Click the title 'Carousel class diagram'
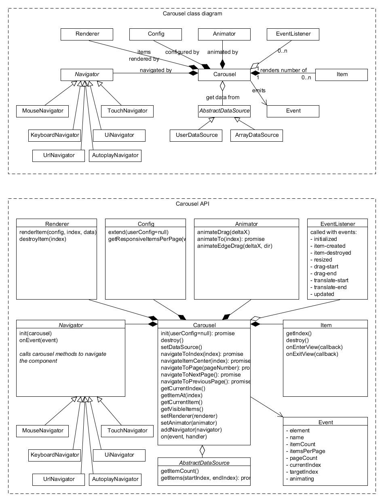(x=192, y=13)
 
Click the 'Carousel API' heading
(x=192, y=204)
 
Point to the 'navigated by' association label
(x=156, y=70)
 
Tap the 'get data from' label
(x=222, y=97)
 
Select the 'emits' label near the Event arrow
(x=259, y=91)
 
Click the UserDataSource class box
(x=194, y=135)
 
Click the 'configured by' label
(x=182, y=52)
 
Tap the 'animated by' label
(x=222, y=52)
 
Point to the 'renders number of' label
(x=284, y=70)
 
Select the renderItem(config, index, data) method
(x=57, y=232)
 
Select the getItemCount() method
(x=180, y=471)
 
